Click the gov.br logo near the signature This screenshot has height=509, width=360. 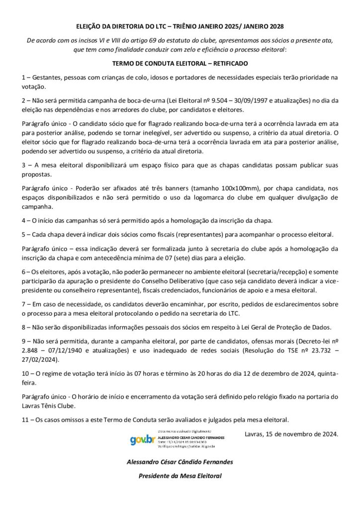pos(143,440)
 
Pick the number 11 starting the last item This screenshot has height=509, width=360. pos(25,419)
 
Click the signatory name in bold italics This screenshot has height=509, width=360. pos(180,462)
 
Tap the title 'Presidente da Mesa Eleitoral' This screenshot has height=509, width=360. pos(180,476)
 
